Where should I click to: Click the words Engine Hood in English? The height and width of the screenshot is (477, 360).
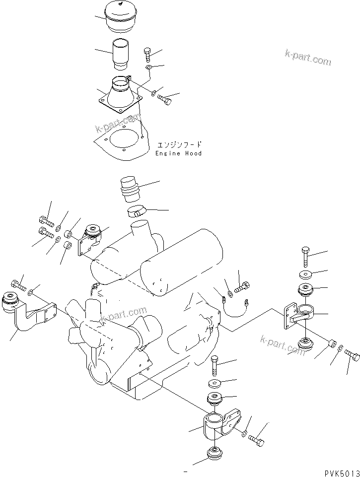point(178,154)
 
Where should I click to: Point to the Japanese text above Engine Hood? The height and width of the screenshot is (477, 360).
point(179,145)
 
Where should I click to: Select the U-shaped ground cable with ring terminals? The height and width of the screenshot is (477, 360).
point(235,308)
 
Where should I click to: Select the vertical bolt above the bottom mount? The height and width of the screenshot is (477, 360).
point(215,365)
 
